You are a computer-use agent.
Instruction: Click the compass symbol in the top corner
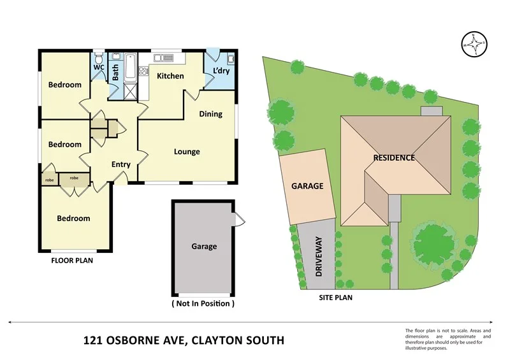coord(474,44)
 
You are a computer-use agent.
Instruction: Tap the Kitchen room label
coord(170,76)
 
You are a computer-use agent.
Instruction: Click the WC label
coord(99,68)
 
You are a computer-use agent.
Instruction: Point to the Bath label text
coord(116,73)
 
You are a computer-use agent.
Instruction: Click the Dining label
coord(210,114)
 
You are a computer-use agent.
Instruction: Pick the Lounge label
coord(187,152)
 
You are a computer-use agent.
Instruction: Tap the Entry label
coord(120,164)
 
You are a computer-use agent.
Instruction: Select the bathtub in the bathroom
coord(130,67)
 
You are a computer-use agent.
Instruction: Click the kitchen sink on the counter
coord(163,58)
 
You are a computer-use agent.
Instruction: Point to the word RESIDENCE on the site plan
coord(394,157)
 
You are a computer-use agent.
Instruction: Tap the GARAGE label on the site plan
coord(307,187)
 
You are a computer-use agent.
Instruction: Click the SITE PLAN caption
coord(335,297)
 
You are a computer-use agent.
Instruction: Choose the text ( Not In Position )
coord(203,304)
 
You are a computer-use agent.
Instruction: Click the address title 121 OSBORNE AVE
coord(184,340)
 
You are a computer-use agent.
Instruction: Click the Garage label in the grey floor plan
coord(204,247)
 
